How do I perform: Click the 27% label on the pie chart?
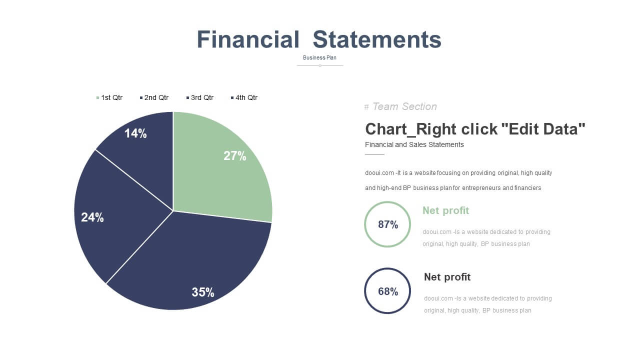tap(234, 156)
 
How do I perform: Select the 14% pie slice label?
tap(135, 133)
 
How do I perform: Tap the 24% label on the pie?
tap(92, 217)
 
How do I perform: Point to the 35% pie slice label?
tap(203, 292)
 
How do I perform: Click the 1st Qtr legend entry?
tap(109, 97)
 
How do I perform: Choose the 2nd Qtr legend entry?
tap(154, 97)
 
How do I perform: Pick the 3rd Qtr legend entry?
tap(200, 97)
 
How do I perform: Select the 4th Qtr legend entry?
tap(244, 97)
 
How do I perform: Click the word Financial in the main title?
tap(248, 39)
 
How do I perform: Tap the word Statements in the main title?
tap(377, 39)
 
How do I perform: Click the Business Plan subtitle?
tap(319, 57)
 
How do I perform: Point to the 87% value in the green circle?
tap(388, 224)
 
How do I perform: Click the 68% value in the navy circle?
tap(388, 291)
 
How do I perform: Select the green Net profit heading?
tap(445, 210)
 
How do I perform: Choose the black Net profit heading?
tap(447, 277)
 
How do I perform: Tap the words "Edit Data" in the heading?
tap(543, 129)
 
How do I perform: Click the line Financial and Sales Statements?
tap(414, 144)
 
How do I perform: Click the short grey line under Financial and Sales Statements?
tap(374, 154)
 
